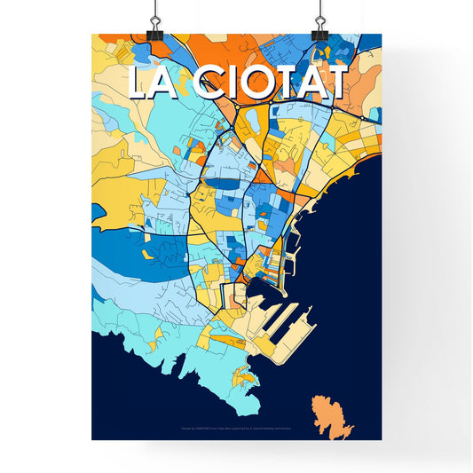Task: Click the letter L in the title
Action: [x=140, y=83]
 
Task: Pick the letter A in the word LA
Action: [x=169, y=83]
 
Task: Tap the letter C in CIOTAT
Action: [x=209, y=83]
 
